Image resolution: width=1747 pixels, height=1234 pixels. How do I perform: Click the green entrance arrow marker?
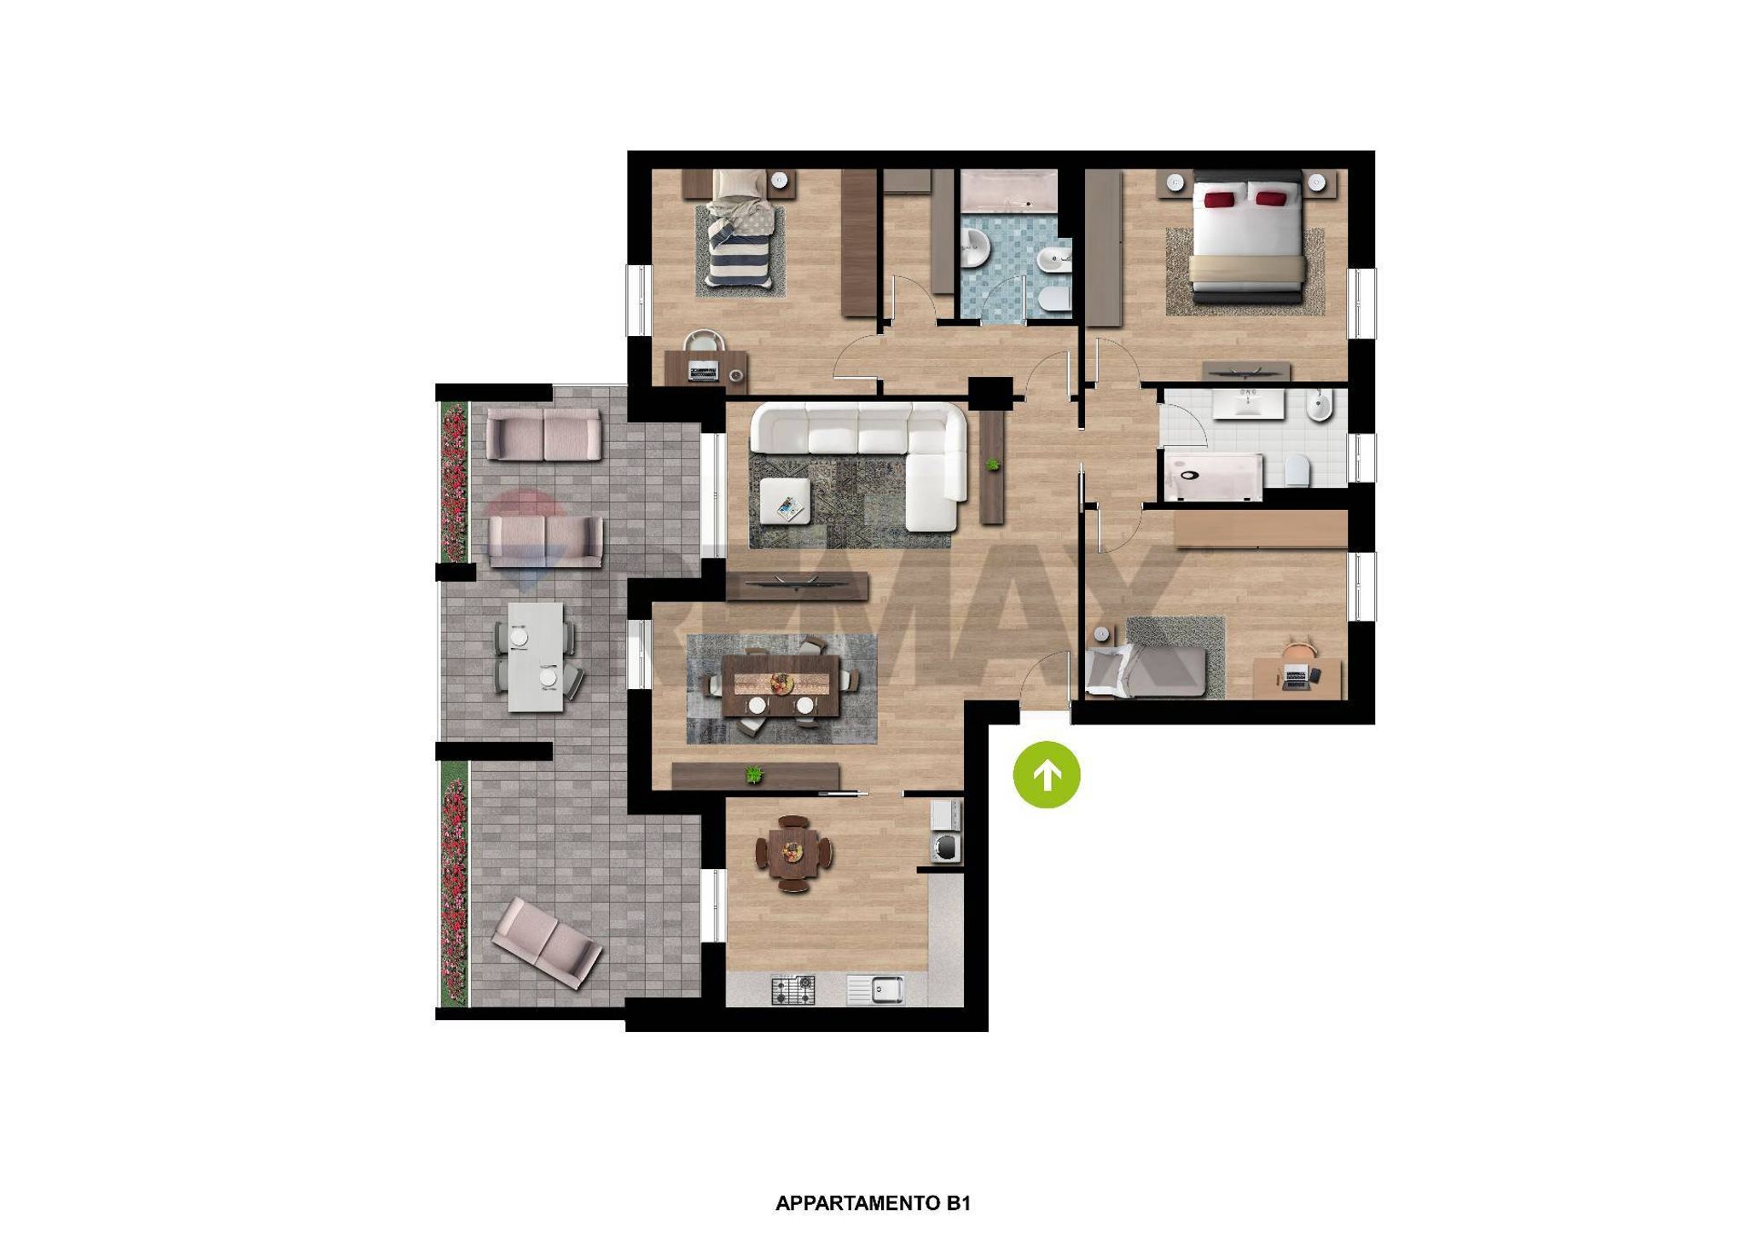point(1047,774)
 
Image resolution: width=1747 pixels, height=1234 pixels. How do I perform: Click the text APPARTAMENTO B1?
point(873,1203)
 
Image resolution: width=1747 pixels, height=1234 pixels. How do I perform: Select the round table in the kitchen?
point(793,854)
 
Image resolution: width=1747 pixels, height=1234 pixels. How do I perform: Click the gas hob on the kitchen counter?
point(793,990)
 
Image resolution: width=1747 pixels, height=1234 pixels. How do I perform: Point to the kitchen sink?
point(875,990)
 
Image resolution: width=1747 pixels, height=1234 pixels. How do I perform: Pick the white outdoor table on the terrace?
point(536,657)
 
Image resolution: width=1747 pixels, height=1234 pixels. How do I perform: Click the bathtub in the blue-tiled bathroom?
point(1008,188)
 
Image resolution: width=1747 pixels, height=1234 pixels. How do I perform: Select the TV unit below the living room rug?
point(797,586)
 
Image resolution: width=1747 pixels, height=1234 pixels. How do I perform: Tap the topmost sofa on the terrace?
point(543,434)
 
